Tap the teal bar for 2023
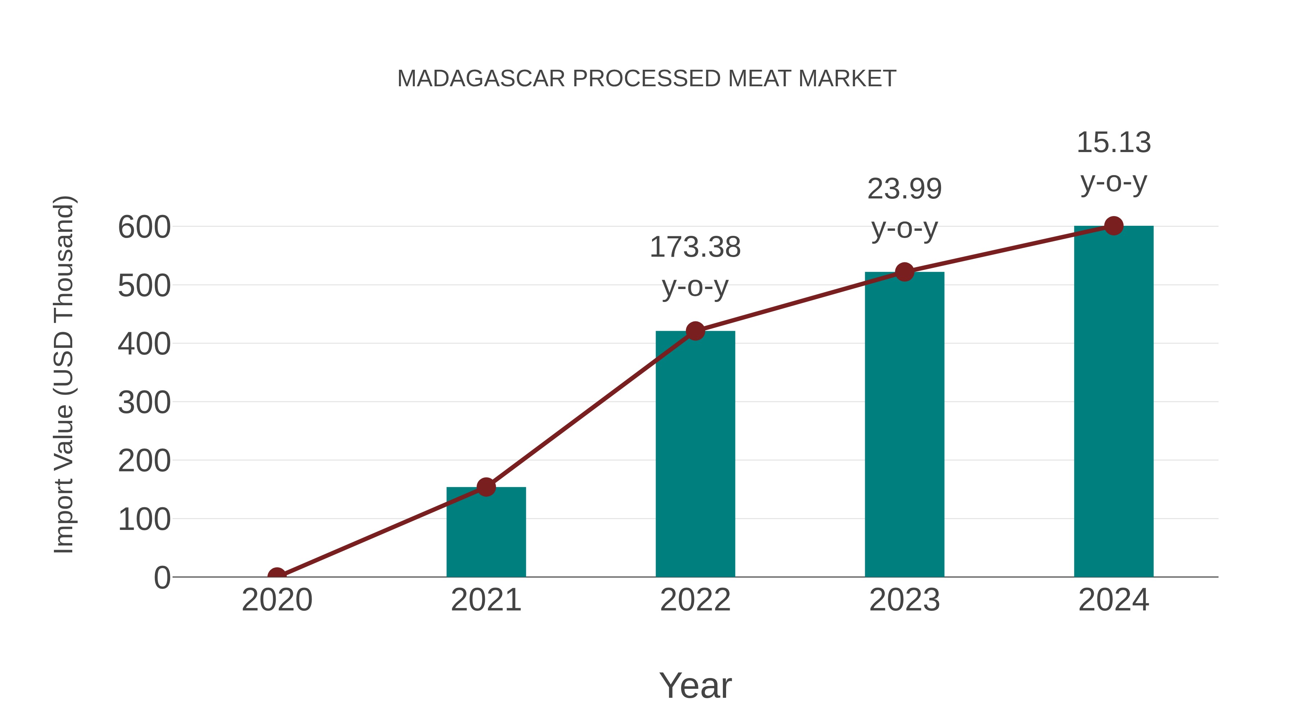click(x=904, y=424)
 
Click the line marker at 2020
click(x=277, y=576)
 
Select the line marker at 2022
click(x=695, y=331)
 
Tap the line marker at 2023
click(x=904, y=272)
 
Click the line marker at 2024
click(x=1114, y=226)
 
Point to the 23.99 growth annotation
click(x=904, y=208)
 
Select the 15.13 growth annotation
click(x=1114, y=161)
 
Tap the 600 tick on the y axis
click(x=144, y=227)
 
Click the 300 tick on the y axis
click(x=144, y=402)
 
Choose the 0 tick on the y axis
click(x=162, y=578)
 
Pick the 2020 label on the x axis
click(x=277, y=600)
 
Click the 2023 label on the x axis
click(x=904, y=600)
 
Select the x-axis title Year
click(x=695, y=685)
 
